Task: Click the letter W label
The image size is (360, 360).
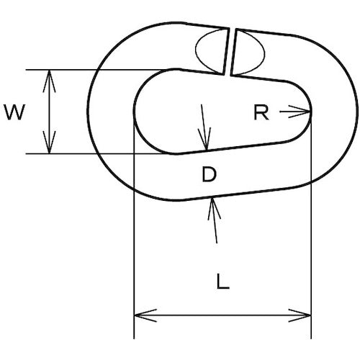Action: pos(14,112)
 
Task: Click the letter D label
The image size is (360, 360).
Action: pos(210,174)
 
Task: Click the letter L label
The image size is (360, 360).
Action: pos(223,281)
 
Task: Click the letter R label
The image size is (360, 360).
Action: pos(261,113)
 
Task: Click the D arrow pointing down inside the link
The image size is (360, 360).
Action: pos(204,127)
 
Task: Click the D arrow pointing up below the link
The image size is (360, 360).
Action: pos(214,220)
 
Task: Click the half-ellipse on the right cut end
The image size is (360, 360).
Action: pos(250,52)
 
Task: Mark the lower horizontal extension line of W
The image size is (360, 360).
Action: pos(96,153)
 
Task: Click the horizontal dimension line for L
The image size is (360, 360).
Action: pos(222,315)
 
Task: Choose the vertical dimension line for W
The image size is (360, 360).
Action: pos(49,112)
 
